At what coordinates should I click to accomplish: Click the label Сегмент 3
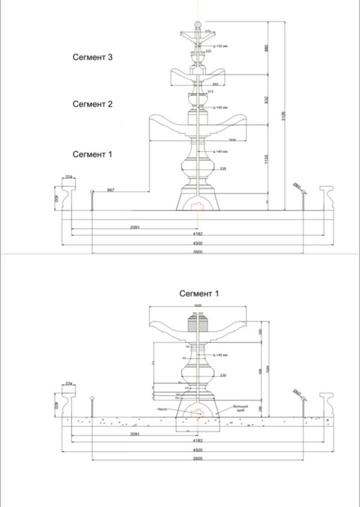coord(92,58)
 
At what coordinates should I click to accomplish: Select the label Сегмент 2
coord(92,104)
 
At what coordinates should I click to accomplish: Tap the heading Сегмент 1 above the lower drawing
coord(199,294)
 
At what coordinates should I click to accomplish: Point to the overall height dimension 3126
coord(283,116)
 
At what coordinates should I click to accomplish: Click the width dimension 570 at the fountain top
coord(208,31)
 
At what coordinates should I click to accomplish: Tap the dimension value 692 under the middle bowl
coord(215,85)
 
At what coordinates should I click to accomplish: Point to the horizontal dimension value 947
coord(110,190)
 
